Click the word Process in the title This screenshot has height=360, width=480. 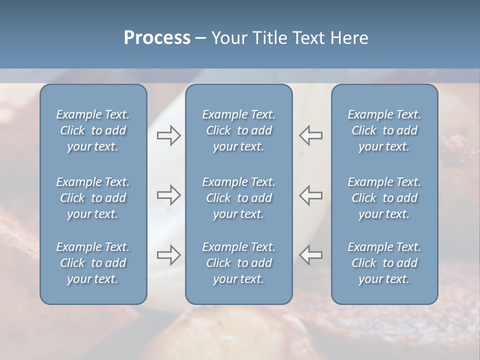(x=157, y=38)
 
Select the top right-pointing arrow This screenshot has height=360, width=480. (x=168, y=135)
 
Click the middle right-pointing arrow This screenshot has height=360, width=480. (x=168, y=195)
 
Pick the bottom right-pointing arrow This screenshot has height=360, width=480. (x=168, y=255)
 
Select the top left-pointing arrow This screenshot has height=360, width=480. (x=311, y=135)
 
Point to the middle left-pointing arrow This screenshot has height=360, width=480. (x=311, y=195)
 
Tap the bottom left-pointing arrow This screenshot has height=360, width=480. (x=311, y=255)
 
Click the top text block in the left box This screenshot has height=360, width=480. (x=93, y=130)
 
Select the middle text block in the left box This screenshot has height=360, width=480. (x=93, y=198)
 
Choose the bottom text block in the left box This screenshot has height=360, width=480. (x=93, y=263)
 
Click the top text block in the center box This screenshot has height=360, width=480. (x=239, y=130)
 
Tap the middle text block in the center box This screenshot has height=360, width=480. (x=239, y=198)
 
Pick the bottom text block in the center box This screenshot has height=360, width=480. (x=239, y=263)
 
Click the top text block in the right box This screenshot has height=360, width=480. (x=384, y=130)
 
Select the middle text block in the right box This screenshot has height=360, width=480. (x=384, y=198)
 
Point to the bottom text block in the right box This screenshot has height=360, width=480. (x=384, y=263)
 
